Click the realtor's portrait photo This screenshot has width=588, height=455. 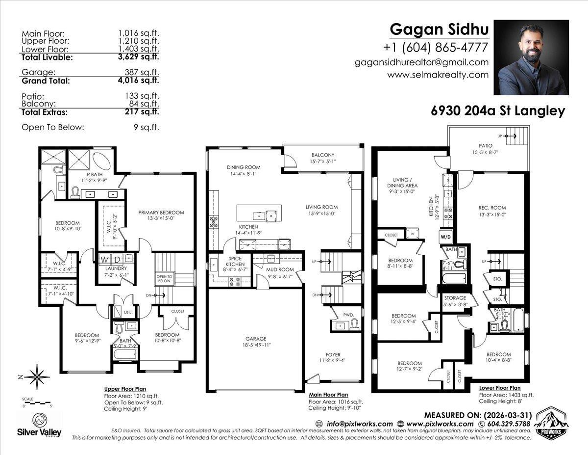tap(531, 57)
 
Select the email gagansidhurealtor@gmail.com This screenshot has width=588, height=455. tap(422, 62)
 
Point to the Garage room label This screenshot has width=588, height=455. tap(256, 339)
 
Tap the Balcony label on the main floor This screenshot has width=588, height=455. tap(322, 155)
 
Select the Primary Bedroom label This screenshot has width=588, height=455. tap(161, 213)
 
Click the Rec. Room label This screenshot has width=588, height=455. tap(491, 207)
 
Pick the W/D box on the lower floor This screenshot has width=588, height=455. tap(446, 237)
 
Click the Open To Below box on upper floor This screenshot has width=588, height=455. tap(164, 278)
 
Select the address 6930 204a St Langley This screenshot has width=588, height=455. tap(498, 111)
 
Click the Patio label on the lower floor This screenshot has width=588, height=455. tap(485, 146)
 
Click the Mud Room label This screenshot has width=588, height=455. tap(280, 269)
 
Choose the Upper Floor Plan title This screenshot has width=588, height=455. tap(125, 388)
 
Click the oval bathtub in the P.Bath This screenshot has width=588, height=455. tap(102, 160)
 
